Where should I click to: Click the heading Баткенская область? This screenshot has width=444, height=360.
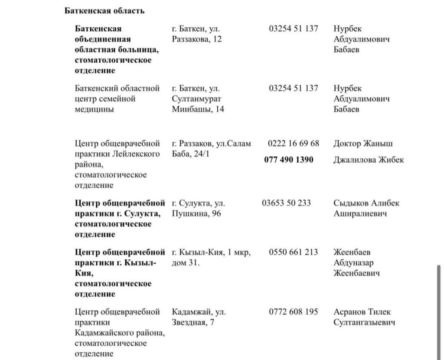tap(104, 11)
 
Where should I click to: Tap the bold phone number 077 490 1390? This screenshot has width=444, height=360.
tap(288, 160)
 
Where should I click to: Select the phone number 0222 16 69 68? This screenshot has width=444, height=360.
tap(293, 144)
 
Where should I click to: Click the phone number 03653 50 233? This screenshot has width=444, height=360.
tap(286, 203)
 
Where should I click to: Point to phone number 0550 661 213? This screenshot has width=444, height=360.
tap(293, 252)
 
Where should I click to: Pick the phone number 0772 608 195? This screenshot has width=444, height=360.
tap(293, 312)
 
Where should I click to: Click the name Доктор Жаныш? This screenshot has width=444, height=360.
tap(363, 144)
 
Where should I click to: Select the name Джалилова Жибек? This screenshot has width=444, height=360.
tap(368, 160)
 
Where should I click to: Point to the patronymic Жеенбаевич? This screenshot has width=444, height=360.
tap(356, 273)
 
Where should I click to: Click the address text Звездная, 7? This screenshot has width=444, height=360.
tap(193, 322)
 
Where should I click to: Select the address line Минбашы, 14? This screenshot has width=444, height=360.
tap(198, 109)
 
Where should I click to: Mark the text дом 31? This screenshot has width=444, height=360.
tap(186, 263)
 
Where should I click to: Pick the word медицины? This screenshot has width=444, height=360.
tap(95, 109)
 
